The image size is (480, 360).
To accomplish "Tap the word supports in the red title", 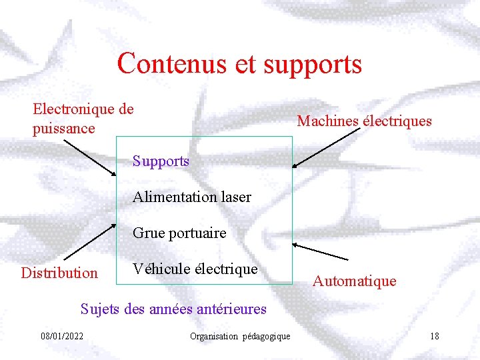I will [x=313, y=65].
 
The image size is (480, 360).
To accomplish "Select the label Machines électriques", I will [x=364, y=121].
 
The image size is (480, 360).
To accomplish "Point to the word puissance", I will [x=64, y=128].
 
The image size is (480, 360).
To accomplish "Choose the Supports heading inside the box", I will [x=161, y=161].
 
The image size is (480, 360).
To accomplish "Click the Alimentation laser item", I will [x=192, y=197].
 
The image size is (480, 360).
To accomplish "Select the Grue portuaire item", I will [x=179, y=233].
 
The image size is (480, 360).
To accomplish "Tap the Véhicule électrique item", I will [x=195, y=269].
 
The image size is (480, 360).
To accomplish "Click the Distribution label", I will [x=59, y=273].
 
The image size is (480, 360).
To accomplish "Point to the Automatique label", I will [x=355, y=281].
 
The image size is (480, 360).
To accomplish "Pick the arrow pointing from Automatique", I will [x=321, y=251].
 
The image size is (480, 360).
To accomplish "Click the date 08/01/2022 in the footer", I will [x=61, y=335].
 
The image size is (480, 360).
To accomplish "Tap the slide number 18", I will [x=434, y=335].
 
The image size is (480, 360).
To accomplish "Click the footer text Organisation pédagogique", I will [x=240, y=336].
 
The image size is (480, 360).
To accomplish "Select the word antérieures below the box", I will [x=229, y=309].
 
